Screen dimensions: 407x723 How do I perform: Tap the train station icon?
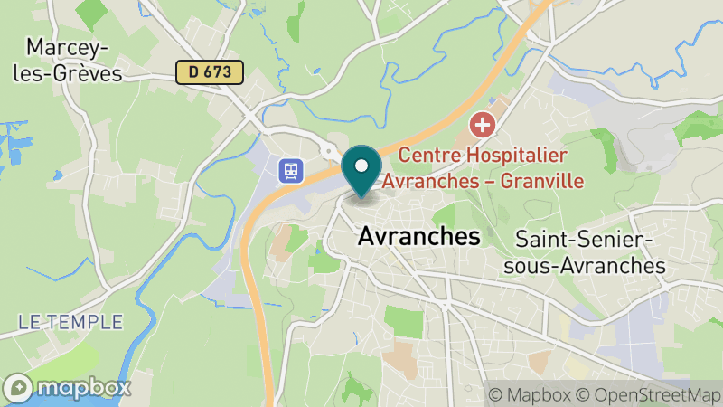coord(291,170)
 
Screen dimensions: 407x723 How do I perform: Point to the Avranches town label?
coord(418,237)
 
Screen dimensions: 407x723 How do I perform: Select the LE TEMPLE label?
coord(70,321)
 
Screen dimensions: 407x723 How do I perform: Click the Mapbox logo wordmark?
coord(83,388)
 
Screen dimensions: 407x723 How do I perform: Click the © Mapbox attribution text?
coord(531,395)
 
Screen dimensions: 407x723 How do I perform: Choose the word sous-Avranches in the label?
coord(590,266)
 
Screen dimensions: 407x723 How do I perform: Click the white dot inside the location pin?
coord(361,166)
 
